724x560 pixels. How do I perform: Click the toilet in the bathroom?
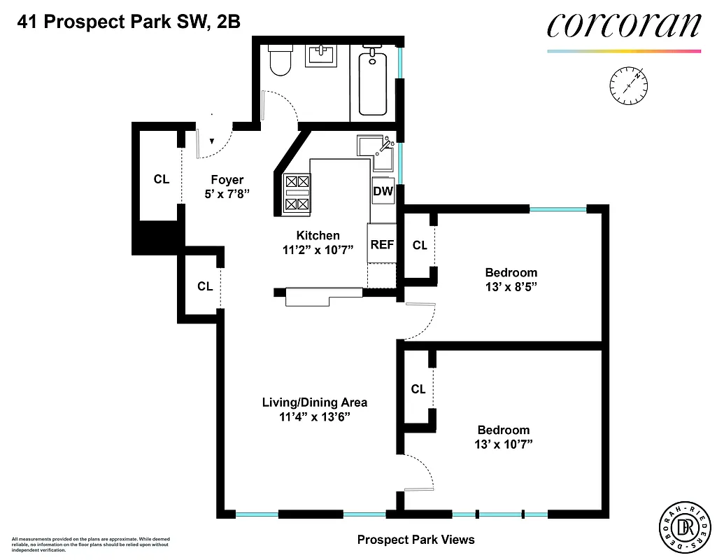(x=281, y=61)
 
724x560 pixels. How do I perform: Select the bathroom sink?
(x=321, y=55)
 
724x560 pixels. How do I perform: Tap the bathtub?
(x=372, y=83)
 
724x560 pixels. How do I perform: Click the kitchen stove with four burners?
(x=297, y=192)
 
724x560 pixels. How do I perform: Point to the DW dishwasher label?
(x=383, y=191)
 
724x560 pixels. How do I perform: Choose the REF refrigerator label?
(x=382, y=244)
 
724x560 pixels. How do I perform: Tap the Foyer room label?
(x=227, y=180)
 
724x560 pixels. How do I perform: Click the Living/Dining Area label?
(x=314, y=402)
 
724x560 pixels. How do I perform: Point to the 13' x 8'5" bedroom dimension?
(x=511, y=286)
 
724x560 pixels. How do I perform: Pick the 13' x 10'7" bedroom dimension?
(x=503, y=444)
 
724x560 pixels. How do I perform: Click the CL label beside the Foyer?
(x=162, y=179)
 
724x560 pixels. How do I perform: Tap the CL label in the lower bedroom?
(x=418, y=389)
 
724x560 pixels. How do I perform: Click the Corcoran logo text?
(x=623, y=26)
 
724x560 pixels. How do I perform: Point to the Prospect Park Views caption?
(x=416, y=540)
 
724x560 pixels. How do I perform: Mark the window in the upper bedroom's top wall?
(x=558, y=209)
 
